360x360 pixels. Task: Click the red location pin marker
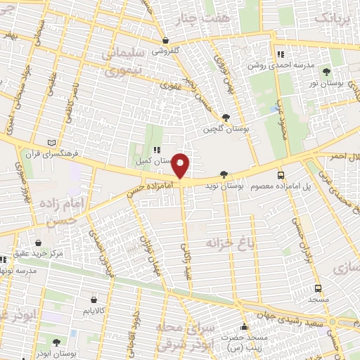(181, 166)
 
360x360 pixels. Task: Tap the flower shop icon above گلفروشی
(165, 40)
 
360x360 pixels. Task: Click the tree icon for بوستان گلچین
(225, 117)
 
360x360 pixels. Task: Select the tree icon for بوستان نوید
(224, 174)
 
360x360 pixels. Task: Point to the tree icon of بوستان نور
(326, 72)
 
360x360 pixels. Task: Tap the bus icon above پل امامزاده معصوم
(281, 175)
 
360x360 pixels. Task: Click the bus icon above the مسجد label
(319, 288)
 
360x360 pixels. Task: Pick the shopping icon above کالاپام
(92, 298)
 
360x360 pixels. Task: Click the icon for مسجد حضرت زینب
(244, 327)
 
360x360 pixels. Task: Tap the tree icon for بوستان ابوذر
(56, 342)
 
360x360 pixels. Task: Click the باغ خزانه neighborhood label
(229, 243)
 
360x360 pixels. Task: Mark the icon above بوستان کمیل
(157, 150)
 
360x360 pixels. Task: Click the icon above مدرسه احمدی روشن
(281, 54)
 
